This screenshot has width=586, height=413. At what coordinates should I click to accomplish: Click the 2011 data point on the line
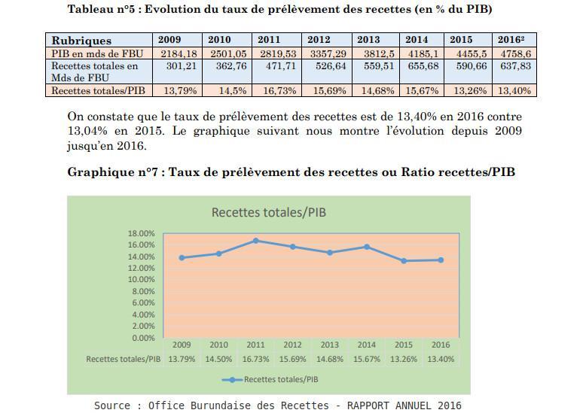[x=256, y=241]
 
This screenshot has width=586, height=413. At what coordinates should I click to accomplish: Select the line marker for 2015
[x=404, y=261]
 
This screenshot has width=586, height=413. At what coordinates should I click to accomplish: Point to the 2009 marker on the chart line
[x=182, y=258]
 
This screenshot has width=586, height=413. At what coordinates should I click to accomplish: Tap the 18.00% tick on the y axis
[x=141, y=233]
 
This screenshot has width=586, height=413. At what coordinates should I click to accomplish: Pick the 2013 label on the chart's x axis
[x=330, y=345]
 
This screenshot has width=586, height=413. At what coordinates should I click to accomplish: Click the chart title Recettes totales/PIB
[x=269, y=212]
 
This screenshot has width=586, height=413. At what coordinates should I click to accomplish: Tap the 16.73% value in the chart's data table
[x=256, y=359]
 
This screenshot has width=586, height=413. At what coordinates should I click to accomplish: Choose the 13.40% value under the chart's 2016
[x=441, y=359]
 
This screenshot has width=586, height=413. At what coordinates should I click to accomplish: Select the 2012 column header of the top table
[x=319, y=40]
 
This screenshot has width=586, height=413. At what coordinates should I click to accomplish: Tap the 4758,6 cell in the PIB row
[x=516, y=53]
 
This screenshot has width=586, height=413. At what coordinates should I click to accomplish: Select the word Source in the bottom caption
[x=112, y=405]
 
